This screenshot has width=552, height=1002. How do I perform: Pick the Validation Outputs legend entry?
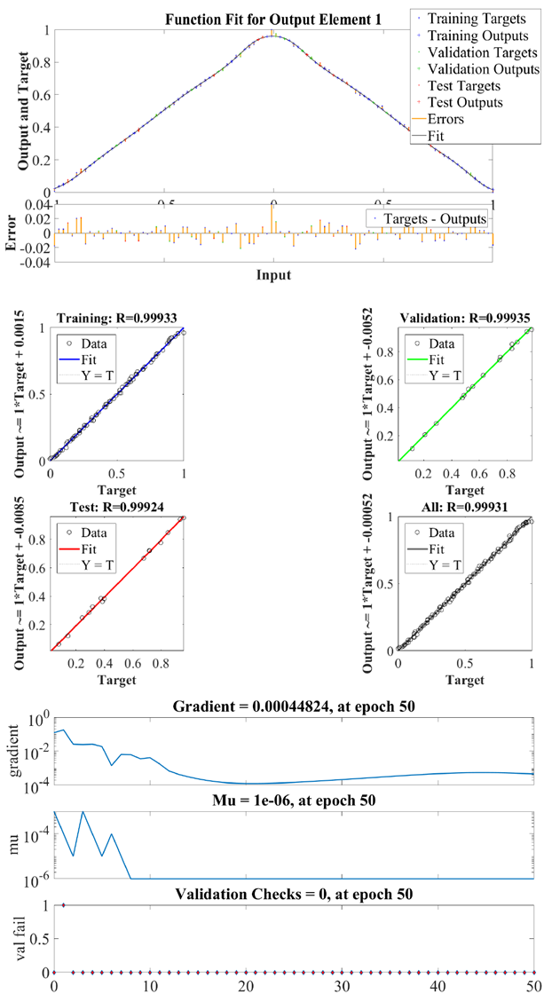click(x=475, y=69)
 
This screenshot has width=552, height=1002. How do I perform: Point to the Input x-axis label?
click(x=273, y=275)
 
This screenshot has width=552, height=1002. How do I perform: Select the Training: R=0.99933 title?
click(x=116, y=319)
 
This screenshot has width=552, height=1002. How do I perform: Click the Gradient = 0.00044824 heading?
click(x=293, y=706)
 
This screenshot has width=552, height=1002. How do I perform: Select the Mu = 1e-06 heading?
click(x=293, y=801)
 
